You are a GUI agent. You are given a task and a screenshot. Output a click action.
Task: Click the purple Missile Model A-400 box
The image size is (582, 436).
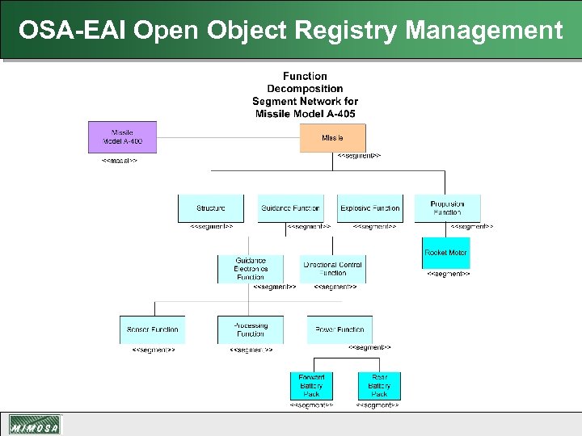point(122,137)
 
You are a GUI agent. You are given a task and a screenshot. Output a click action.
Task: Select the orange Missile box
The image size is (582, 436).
point(332,138)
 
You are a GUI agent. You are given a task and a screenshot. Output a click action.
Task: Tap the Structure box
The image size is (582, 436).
point(210,208)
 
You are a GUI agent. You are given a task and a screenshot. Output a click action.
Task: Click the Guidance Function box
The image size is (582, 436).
point(290,208)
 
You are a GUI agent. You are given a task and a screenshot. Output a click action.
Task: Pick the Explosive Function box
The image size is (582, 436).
point(369,208)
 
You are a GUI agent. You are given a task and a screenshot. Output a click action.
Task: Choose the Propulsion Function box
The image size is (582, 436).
point(447,208)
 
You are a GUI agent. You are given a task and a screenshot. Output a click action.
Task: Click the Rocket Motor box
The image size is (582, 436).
point(445,253)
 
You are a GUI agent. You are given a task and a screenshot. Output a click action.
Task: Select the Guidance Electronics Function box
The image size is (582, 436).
point(251,269)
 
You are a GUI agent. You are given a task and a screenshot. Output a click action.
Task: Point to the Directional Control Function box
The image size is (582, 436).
point(332,269)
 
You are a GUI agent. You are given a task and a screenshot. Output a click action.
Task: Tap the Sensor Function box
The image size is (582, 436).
point(152,329)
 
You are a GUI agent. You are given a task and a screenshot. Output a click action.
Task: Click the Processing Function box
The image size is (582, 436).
point(251,329)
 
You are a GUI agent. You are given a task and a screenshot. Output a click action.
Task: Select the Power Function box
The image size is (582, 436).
point(339,329)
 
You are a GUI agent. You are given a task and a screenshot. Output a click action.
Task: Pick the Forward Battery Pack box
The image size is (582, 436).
point(311,385)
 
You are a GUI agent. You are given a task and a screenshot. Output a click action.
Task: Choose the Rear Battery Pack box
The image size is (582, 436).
point(379,385)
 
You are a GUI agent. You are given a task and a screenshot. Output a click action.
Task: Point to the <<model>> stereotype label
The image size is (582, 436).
point(119,161)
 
